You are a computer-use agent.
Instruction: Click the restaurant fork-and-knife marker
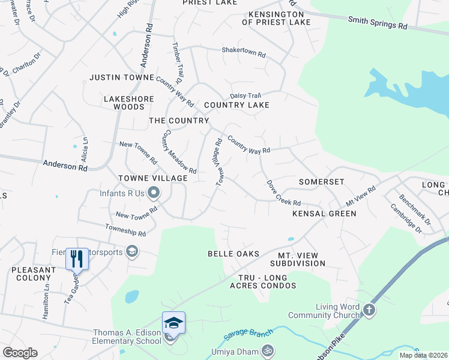(76, 259)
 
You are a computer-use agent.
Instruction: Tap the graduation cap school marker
(173, 323)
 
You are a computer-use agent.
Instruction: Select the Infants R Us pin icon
(154, 193)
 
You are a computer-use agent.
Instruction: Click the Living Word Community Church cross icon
(369, 310)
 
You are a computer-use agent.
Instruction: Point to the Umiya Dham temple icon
(268, 351)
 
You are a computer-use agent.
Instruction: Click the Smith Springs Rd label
(378, 23)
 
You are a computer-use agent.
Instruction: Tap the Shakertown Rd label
(244, 53)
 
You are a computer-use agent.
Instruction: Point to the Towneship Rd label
(125, 230)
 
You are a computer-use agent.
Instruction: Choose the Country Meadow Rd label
(179, 152)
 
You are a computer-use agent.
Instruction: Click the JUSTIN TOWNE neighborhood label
(122, 77)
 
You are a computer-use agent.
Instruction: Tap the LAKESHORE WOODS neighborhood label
(129, 103)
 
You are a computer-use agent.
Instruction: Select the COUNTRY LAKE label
(236, 105)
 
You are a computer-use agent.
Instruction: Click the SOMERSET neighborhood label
(322, 182)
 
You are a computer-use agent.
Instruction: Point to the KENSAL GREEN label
(324, 214)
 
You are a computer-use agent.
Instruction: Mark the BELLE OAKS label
(234, 254)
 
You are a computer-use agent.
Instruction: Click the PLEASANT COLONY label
(35, 274)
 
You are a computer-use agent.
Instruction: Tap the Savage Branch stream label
(244, 338)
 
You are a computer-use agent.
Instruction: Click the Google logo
(20, 353)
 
